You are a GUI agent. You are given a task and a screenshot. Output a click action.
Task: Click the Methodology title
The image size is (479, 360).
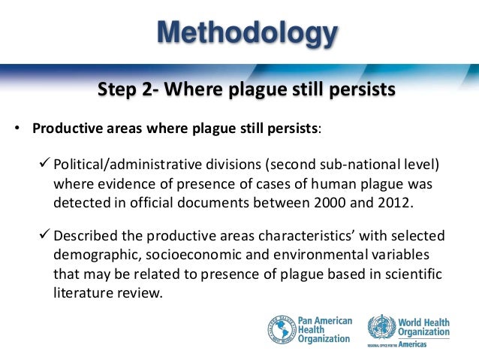(x=247, y=33)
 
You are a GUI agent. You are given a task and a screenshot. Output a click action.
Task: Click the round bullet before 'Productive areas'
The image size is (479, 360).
(x=16, y=127)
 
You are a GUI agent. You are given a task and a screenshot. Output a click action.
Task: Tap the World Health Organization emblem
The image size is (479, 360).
(x=381, y=327)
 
